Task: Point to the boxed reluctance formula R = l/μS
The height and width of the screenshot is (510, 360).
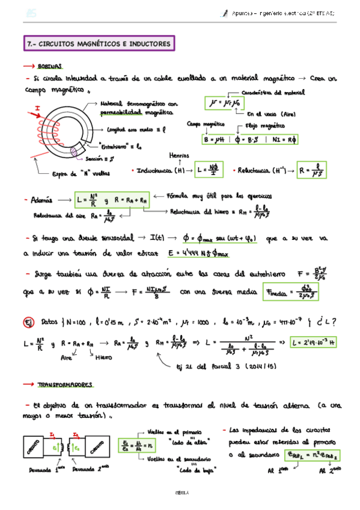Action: [x=309, y=171]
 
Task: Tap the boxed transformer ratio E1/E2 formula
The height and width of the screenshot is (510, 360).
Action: [x=135, y=446]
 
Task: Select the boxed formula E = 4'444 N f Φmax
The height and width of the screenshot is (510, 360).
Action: [x=208, y=253]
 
